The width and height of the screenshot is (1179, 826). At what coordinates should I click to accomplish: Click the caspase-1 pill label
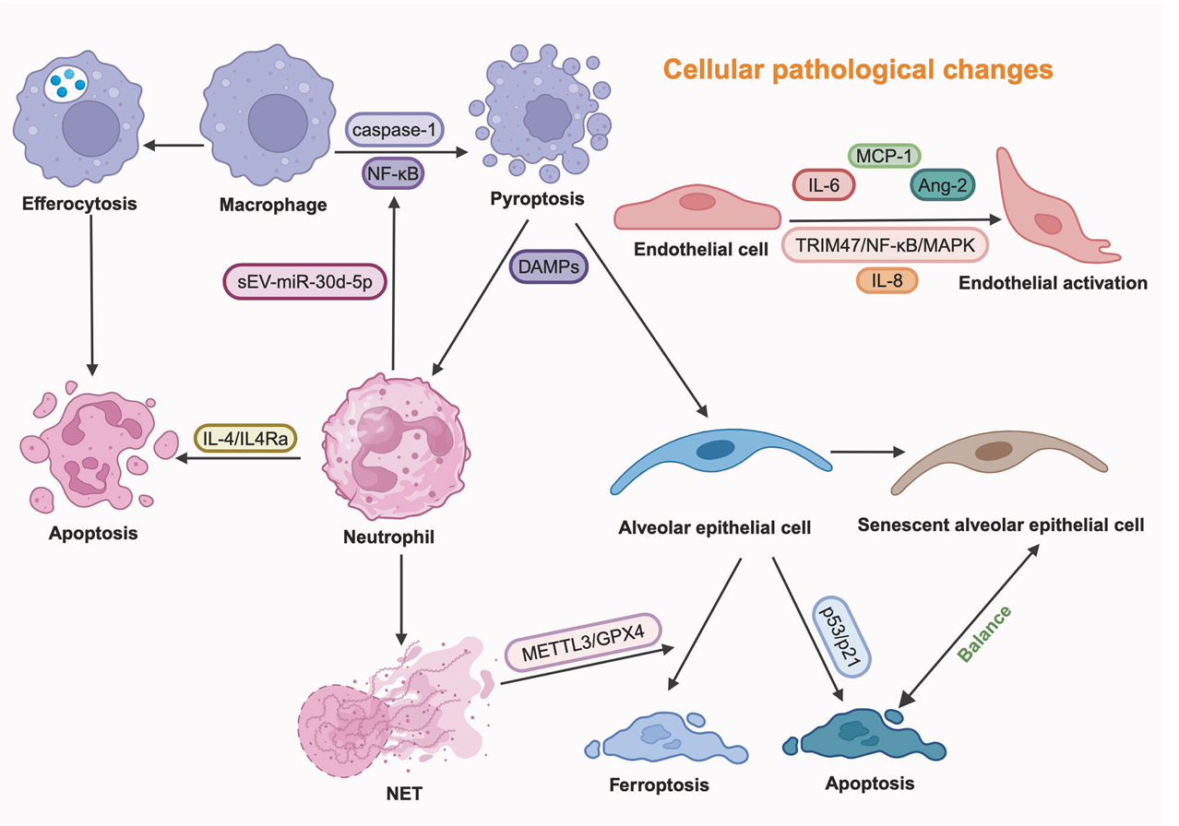pyautogui.click(x=394, y=129)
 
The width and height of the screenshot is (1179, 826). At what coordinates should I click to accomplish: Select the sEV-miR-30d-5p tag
pyautogui.click(x=304, y=282)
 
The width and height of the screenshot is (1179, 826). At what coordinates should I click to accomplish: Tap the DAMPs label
pyautogui.click(x=548, y=266)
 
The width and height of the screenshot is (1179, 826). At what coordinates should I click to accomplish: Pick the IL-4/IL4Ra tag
pyautogui.click(x=245, y=438)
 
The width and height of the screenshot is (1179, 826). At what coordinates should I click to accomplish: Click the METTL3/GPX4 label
pyautogui.click(x=583, y=643)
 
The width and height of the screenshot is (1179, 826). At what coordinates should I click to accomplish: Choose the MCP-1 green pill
pyautogui.click(x=884, y=156)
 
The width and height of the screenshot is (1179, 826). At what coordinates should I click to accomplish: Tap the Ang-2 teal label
pyautogui.click(x=942, y=184)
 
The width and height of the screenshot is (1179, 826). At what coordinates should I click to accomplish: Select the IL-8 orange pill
pyautogui.click(x=887, y=280)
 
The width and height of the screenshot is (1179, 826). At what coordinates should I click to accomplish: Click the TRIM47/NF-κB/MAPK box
pyautogui.click(x=885, y=245)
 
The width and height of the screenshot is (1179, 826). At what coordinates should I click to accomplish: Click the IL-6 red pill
pyautogui.click(x=824, y=184)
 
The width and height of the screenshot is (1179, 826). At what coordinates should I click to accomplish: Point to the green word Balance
pyautogui.click(x=983, y=633)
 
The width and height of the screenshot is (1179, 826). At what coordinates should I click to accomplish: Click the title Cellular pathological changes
pyautogui.click(x=858, y=69)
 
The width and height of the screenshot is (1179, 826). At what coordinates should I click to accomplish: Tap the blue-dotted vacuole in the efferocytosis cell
pyautogui.click(x=65, y=84)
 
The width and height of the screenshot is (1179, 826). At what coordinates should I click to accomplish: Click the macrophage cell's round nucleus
pyautogui.click(x=278, y=124)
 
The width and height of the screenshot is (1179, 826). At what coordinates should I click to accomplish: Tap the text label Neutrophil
pyautogui.click(x=388, y=537)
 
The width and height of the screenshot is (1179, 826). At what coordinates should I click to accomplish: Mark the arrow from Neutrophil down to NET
pyautogui.click(x=401, y=600)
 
